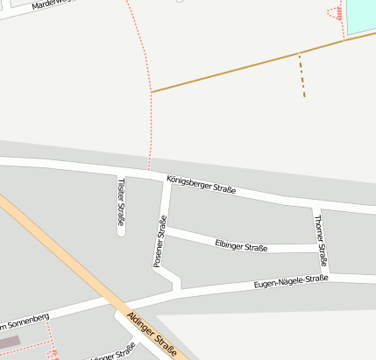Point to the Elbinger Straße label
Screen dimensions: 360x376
240,245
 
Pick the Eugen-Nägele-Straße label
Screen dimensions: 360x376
290,283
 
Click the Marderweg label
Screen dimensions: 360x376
48,5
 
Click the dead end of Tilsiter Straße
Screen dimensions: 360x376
121,232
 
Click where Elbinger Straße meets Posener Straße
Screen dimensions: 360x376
165,230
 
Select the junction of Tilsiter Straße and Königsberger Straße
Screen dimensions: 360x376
120,170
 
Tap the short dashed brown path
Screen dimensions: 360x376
302,75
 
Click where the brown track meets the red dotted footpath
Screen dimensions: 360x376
152,91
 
